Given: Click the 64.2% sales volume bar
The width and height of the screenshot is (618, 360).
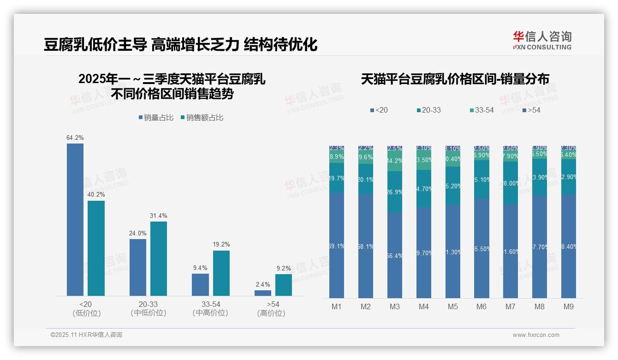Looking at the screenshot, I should click(75, 219).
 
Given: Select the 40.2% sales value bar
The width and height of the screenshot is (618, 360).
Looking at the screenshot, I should click(96, 248).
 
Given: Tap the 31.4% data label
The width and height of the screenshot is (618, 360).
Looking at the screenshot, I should click(158, 216).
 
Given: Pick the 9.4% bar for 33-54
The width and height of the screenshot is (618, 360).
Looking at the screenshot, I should click(200, 284).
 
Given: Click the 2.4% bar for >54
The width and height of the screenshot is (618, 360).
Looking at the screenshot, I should click(263, 293).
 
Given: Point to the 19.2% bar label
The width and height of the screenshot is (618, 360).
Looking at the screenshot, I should click(221, 244).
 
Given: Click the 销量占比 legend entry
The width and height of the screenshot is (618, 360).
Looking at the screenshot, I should click(156, 118).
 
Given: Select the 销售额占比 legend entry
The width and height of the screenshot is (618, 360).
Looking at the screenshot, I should click(202, 118).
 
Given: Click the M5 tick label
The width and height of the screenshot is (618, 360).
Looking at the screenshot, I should click(452, 306).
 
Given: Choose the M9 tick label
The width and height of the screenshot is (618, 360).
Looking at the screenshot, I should click(568, 306).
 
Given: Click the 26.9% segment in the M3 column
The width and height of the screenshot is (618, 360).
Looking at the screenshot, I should click(395, 192).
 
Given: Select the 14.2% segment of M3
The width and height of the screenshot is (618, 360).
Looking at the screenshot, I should click(395, 161).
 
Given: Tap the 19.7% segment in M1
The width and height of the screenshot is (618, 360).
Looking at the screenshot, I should click(337, 178).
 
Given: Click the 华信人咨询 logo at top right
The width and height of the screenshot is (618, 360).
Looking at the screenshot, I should click(542, 40).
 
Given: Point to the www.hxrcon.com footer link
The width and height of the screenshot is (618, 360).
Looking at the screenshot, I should click(536, 335).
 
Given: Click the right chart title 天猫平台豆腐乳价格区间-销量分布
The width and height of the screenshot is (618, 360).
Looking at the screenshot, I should click(455, 79).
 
